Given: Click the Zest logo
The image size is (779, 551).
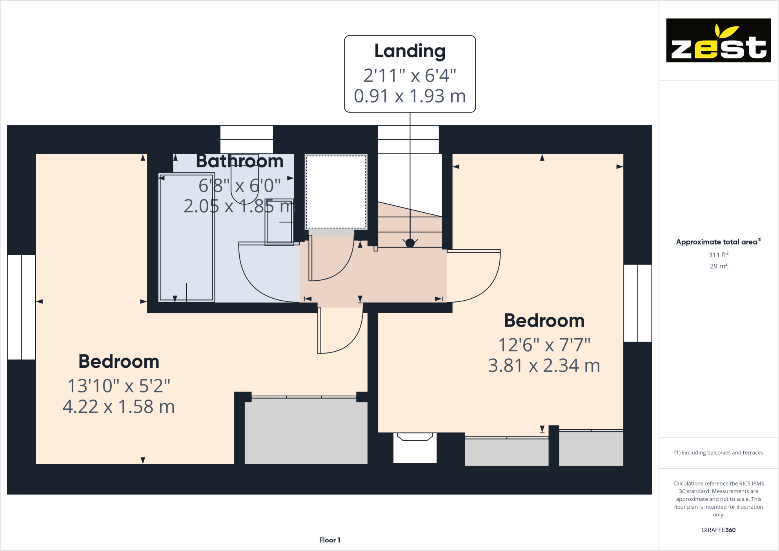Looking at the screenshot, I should click(718, 40).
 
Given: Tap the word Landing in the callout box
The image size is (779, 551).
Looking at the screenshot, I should click(410, 51).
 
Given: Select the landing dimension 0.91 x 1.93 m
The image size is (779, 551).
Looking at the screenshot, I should click(410, 96).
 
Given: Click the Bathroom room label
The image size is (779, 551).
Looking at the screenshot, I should click(240, 161).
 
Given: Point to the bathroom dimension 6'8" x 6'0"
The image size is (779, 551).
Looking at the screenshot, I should click(240, 186).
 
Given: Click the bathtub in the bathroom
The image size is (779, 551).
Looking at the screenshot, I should click(186, 237).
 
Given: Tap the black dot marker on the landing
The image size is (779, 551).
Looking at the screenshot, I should click(410, 243).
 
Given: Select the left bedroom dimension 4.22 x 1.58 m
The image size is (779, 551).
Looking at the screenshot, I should click(119, 407).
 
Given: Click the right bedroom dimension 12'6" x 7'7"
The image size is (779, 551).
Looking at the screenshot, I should click(544, 345).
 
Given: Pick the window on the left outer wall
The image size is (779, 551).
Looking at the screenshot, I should click(22, 307).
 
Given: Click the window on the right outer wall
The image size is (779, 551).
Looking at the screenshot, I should click(637, 303).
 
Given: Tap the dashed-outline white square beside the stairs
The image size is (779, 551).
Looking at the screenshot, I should click(336, 192).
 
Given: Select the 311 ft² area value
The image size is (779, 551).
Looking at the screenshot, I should click(718, 255).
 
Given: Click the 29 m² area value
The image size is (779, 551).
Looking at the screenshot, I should click(718, 266).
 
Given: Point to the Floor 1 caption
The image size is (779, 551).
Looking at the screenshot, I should click(329, 540).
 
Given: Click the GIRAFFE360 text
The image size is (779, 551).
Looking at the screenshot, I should click(718, 530).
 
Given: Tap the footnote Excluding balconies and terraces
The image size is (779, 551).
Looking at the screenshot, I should click(718, 452).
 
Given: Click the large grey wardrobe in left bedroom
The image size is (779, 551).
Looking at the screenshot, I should click(306, 431).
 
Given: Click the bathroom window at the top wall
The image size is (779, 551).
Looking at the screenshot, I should click(246, 139).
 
